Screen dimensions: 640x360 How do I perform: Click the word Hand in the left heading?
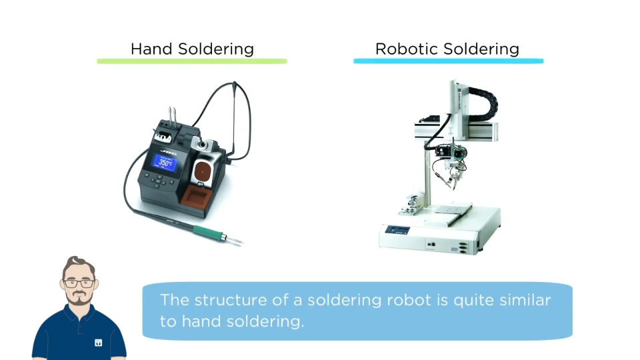pos(152,49)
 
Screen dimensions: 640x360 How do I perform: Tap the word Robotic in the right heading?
pos(407,49)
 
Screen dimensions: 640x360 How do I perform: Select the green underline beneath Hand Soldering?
pos(192,61)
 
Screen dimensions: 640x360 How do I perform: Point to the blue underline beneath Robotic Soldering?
pos(448,61)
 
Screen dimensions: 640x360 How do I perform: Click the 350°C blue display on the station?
pos(165,163)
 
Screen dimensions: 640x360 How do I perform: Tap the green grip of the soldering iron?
pos(209,233)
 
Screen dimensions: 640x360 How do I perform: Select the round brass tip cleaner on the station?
pos(202,172)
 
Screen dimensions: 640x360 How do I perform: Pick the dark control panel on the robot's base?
pos(397,230)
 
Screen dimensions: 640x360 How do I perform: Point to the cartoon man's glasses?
pos(79,283)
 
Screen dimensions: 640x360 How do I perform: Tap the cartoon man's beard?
pos(79,298)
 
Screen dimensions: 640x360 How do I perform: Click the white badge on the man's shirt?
pos(99,343)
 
